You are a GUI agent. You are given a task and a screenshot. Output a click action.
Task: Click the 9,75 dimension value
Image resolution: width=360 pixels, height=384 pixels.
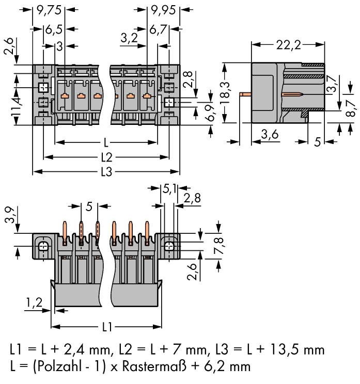(x=50, y=9)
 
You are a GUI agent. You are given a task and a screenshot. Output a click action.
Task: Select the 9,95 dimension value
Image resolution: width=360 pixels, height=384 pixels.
(x=162, y=9)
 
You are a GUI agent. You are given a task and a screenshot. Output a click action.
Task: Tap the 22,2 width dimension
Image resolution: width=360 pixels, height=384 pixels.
(x=287, y=45)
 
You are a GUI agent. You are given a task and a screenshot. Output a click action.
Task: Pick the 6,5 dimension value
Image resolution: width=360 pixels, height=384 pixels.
(x=54, y=29)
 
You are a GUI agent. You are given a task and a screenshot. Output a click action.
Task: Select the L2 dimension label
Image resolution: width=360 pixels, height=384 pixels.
(x=106, y=156)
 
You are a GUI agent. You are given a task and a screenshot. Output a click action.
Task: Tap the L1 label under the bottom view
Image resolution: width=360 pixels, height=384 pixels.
(x=106, y=327)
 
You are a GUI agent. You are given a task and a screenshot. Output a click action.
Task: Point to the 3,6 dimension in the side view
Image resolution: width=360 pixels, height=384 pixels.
(x=269, y=135)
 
